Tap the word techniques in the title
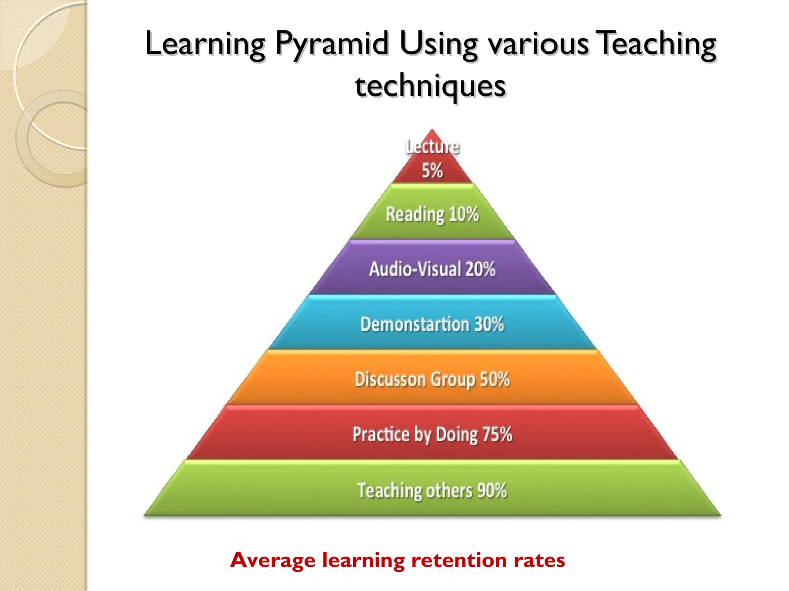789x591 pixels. [430, 86]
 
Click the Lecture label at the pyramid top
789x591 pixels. [432, 147]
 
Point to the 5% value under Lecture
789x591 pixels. [432, 170]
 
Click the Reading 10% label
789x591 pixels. [432, 214]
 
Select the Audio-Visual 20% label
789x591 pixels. [432, 269]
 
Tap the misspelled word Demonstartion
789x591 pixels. [415, 324]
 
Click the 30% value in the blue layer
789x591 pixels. [489, 324]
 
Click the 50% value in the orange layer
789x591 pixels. [495, 379]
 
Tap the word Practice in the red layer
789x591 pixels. [381, 434]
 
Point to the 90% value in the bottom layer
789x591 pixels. [492, 490]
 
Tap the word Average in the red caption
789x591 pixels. [273, 560]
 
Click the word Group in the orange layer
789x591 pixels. [453, 380]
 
